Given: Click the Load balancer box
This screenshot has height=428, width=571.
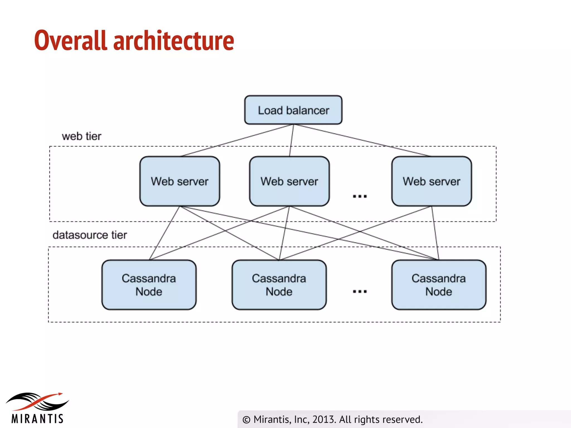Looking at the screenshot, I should point(293,110).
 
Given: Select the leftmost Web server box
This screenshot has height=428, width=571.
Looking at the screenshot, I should point(180,181).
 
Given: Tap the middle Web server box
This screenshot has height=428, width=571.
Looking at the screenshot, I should point(289,181).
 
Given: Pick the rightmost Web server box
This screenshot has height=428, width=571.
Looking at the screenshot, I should point(431,181).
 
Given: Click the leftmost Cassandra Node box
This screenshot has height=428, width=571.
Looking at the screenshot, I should point(149,285).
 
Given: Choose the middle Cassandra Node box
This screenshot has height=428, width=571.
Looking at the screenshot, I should point(279,285).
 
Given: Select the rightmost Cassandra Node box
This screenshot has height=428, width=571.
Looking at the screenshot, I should point(439,285).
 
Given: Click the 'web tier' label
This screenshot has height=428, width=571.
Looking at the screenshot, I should point(81,136).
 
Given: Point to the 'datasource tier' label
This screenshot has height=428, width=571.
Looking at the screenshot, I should point(90,235).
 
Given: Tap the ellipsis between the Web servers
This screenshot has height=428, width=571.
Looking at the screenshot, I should point(360,196).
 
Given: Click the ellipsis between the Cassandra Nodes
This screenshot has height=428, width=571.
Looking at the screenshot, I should point(360,291).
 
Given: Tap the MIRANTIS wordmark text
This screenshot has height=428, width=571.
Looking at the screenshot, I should point(38,419).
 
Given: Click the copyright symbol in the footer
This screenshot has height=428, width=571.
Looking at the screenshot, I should point(246,420).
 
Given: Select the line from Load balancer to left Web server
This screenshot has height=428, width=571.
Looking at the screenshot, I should point(237,140).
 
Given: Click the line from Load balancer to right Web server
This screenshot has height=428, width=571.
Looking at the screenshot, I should point(362,140).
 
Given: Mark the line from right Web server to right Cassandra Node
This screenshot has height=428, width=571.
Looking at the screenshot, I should point(435,233).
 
